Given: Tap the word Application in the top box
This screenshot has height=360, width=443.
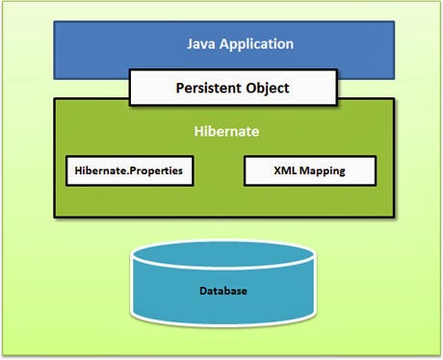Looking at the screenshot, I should coord(261,44).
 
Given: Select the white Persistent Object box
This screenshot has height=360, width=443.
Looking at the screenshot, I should coord(233,88).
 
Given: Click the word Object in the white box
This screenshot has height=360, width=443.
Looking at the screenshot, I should coord(268,88).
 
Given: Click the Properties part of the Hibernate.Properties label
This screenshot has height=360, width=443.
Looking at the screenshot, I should coord(156,171).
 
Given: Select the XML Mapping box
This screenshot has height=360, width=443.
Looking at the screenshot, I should coord(309,171).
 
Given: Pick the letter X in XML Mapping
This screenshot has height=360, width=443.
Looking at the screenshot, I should coord(275,171).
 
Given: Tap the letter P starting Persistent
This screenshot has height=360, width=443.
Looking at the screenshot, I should coord(180,88).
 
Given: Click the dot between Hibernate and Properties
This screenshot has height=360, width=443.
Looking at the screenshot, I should coord(126,174).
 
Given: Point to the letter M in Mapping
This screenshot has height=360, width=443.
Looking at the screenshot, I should coord(303,171).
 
